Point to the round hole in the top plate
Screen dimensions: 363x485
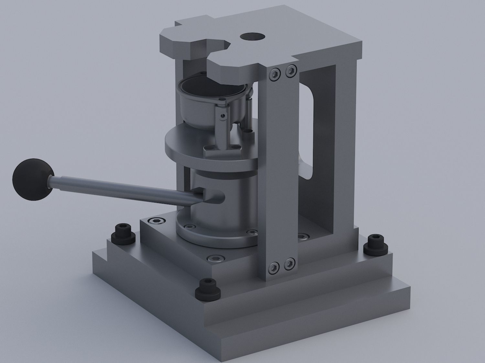coord(253,37)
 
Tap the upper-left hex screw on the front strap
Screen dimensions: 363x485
coord(275,74)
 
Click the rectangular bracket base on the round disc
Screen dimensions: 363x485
coord(223,150)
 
